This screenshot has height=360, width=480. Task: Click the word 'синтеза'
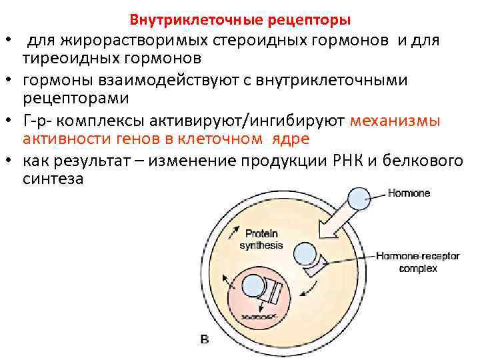(x=53, y=179)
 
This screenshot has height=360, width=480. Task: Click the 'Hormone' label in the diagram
(x=409, y=193)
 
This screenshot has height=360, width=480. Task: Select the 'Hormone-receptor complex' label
(x=409, y=262)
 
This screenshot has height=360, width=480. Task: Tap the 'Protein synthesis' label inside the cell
(x=261, y=239)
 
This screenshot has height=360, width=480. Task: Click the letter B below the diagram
(x=205, y=340)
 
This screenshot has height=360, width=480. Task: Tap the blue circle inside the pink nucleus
(x=254, y=285)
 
